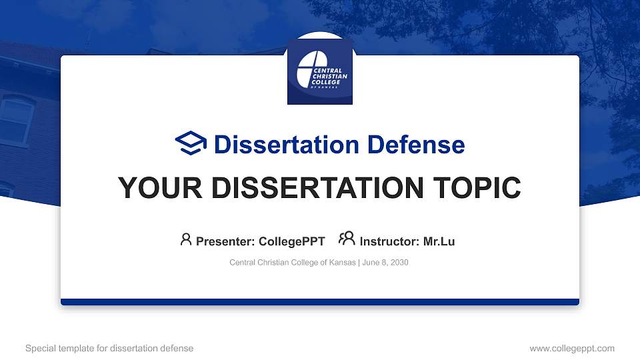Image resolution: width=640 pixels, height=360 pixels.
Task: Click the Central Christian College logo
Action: click(320, 71)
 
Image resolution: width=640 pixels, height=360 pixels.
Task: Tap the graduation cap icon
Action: click(191, 143)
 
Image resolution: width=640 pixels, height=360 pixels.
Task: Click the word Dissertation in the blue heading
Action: click(277, 145)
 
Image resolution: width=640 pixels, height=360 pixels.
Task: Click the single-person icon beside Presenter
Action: click(186, 239)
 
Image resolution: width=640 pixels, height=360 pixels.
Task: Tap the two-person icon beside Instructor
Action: click(347, 239)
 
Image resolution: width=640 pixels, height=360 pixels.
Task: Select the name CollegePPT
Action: click(292, 241)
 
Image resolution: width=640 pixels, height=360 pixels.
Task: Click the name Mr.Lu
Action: click(439, 241)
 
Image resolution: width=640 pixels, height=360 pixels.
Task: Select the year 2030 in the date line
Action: click(399, 263)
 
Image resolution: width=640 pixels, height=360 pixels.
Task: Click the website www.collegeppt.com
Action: click(572, 348)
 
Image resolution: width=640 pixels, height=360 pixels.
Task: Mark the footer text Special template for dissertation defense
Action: click(109, 348)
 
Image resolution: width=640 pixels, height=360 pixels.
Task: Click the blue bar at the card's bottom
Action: click(320, 302)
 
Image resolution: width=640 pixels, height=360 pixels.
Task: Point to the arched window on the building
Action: click(17, 120)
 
